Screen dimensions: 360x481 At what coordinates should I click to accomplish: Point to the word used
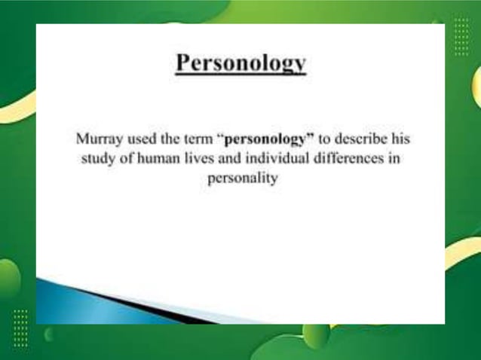[141, 140]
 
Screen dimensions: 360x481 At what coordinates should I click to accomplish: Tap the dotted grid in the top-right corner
[461, 36]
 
